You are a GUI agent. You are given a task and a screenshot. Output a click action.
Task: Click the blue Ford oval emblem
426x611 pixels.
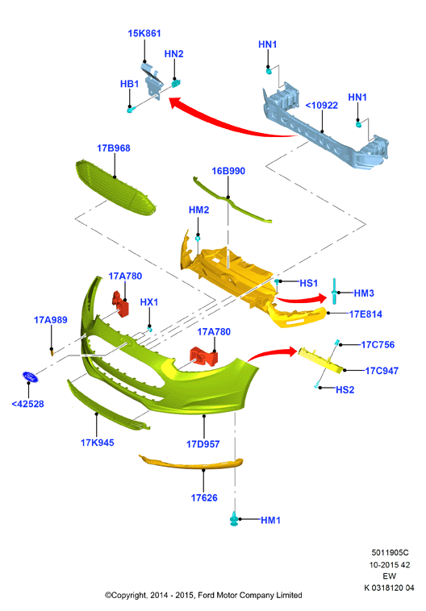coord(30,376)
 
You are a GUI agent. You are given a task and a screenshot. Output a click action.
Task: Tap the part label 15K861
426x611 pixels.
coord(144,34)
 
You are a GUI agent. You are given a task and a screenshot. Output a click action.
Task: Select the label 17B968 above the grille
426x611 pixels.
coord(114,148)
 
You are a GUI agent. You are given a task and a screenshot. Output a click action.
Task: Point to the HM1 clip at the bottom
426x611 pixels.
coord(234,518)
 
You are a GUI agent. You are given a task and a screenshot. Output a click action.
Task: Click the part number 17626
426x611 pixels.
coord(204,497)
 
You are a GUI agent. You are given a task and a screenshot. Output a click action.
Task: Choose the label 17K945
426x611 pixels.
coord(97,443)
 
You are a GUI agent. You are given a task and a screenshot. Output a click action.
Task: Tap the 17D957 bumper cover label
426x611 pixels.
coord(203,444)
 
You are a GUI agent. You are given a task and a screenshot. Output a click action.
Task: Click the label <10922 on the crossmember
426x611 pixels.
coord(321,106)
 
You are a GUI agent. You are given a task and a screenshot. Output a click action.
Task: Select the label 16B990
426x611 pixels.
coord(228,171)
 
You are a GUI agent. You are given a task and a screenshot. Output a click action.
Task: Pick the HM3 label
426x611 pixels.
coord(364,293)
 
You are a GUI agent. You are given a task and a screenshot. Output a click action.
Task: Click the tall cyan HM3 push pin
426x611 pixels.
coord(334,291)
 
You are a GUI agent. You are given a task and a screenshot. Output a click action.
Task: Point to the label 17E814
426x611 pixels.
coord(365,314)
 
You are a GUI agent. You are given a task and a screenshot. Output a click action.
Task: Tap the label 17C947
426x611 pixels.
coord(382,371)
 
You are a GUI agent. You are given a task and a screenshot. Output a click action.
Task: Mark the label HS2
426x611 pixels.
coord(345,389)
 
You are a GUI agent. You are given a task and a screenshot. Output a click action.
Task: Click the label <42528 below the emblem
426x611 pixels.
coord(27,404)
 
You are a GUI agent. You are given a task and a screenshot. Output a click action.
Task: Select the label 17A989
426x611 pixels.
coord(50,320)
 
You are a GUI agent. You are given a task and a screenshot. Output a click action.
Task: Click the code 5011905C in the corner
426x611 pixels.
coord(390,552)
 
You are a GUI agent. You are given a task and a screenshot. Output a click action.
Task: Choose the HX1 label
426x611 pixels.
coord(149,302)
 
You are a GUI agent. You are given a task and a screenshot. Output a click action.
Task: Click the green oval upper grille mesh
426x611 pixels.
coord(115,188)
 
